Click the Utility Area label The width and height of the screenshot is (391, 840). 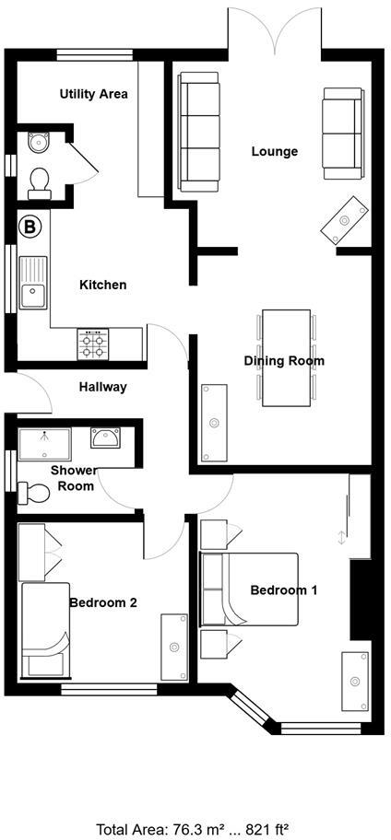(93, 94)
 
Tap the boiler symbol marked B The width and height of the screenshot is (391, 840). (30, 226)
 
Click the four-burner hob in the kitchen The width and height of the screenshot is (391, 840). (94, 344)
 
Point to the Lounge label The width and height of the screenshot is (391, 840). (275, 151)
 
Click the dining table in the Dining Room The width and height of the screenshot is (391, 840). (286, 356)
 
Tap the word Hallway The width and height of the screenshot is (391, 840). (102, 387)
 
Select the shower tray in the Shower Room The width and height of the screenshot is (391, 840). (44, 441)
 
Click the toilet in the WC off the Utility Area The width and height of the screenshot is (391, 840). (40, 181)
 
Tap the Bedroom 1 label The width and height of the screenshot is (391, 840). (284, 589)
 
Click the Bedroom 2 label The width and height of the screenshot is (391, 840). (103, 602)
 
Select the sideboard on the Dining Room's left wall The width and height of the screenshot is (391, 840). (215, 423)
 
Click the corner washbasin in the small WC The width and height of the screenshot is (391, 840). (37, 142)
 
